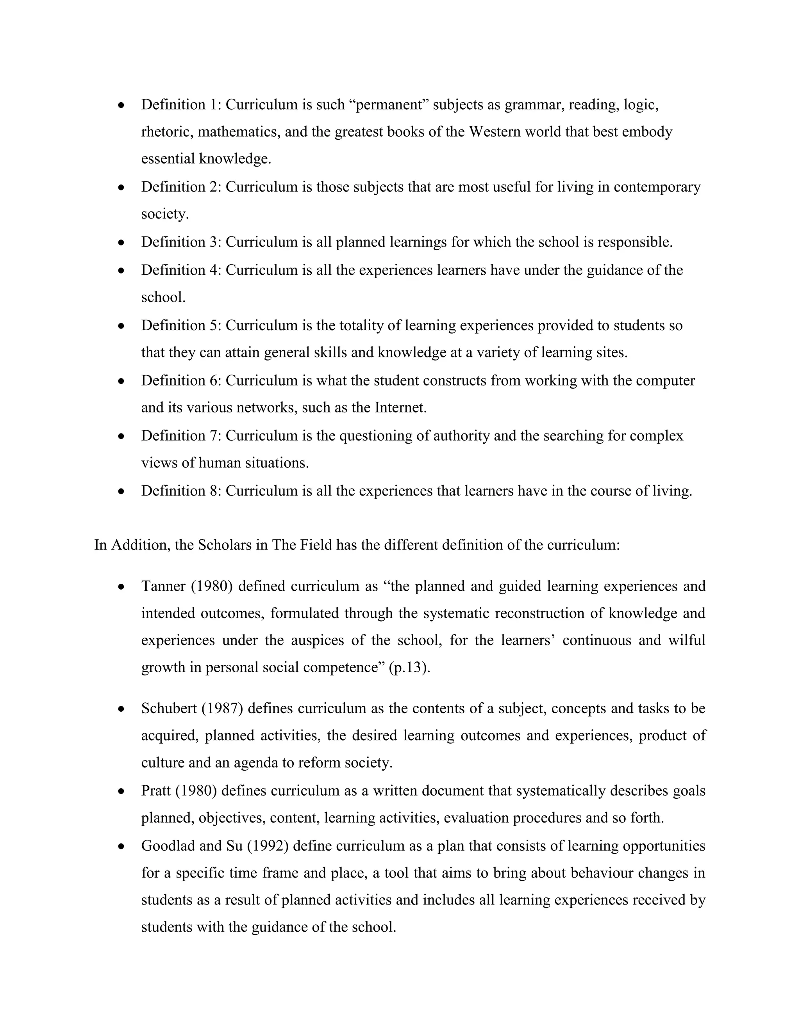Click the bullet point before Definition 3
coord(122,243)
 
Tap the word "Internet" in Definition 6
coord(399,408)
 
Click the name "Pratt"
coord(156,791)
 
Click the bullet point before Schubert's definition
coord(122,710)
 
